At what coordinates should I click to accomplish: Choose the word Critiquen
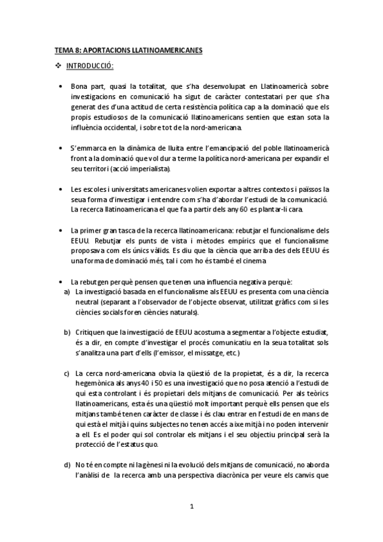pyautogui.click(x=88, y=334)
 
